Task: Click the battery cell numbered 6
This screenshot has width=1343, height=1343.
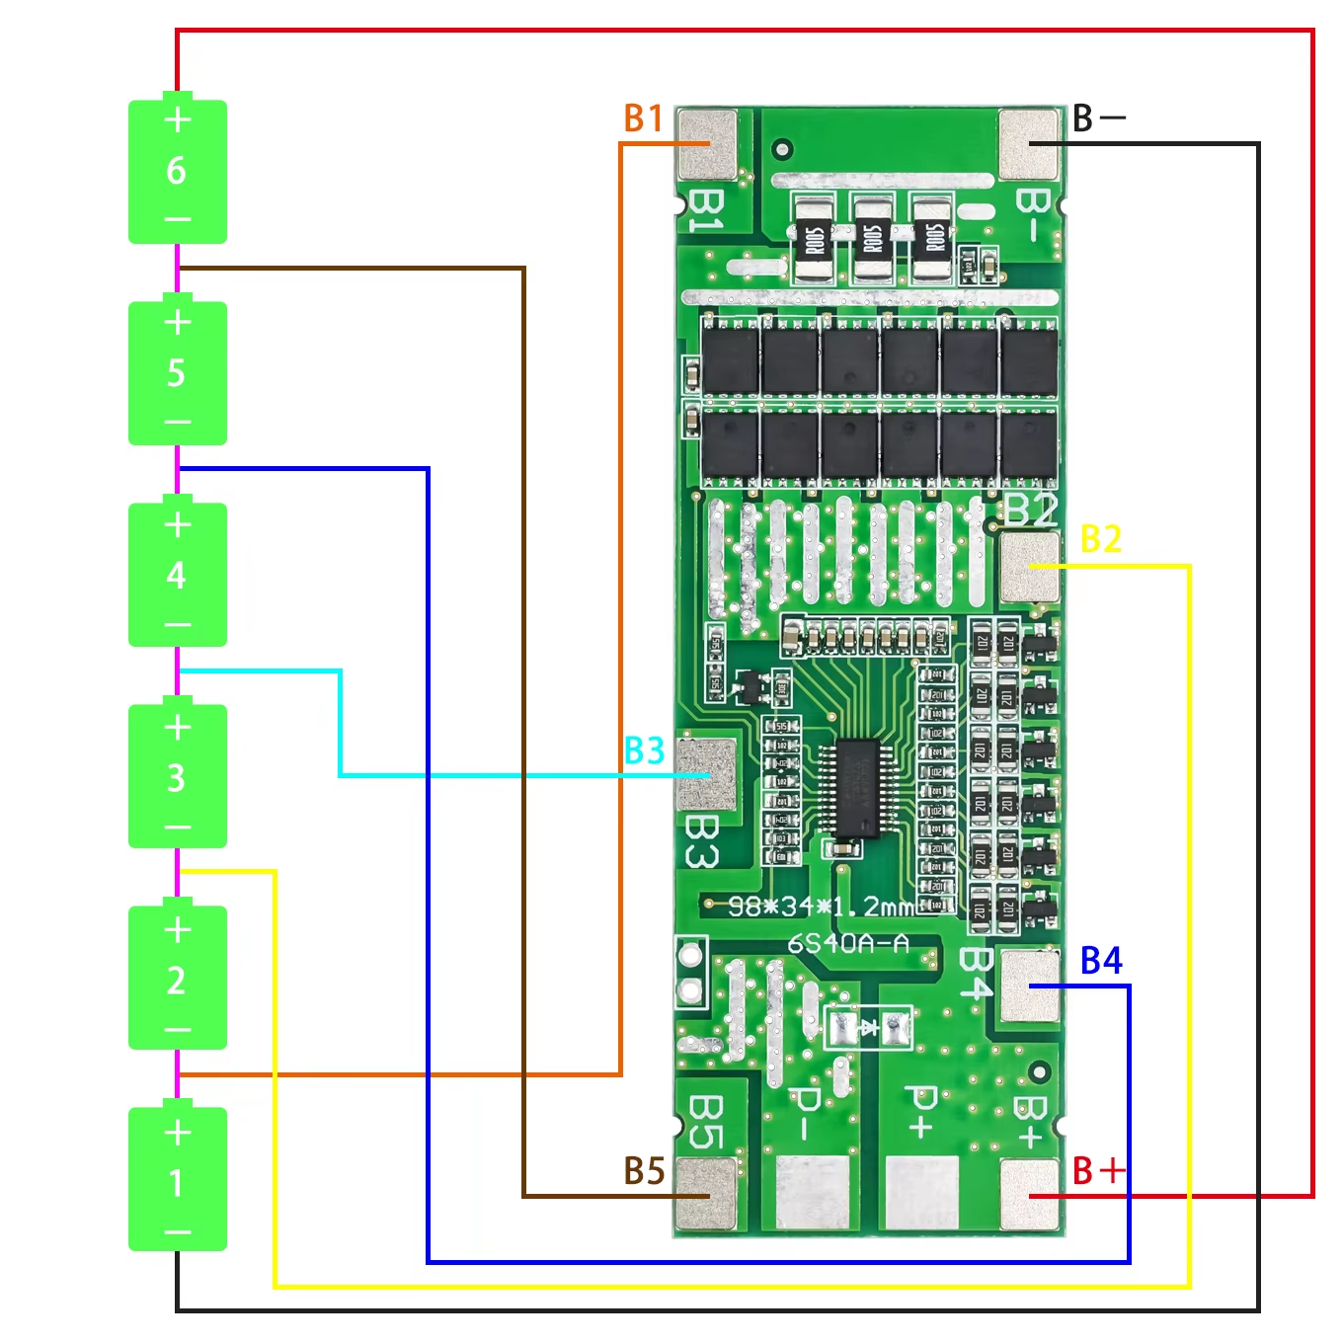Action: (178, 170)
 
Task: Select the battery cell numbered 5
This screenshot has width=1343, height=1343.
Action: (178, 372)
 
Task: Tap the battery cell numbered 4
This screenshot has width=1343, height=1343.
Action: (178, 575)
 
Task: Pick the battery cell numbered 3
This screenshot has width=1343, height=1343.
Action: (178, 776)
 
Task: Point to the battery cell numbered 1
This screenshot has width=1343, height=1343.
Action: (178, 1180)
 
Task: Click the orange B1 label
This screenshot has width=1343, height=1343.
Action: (644, 118)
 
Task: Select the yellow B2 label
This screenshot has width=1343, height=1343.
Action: (1101, 539)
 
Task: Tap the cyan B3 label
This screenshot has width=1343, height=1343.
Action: (644, 751)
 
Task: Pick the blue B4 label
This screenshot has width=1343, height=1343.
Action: (1101, 961)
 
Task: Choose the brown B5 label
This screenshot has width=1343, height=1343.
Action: (644, 1171)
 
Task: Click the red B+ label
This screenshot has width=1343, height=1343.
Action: (1098, 1171)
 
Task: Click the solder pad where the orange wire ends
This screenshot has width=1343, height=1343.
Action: (708, 144)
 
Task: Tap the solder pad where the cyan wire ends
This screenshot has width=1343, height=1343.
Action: (708, 775)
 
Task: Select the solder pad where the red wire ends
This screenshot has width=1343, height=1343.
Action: (1029, 1195)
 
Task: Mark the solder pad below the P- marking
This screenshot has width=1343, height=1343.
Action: (813, 1192)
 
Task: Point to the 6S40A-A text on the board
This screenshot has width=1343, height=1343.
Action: (847, 944)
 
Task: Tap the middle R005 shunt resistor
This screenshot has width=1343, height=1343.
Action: (873, 238)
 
